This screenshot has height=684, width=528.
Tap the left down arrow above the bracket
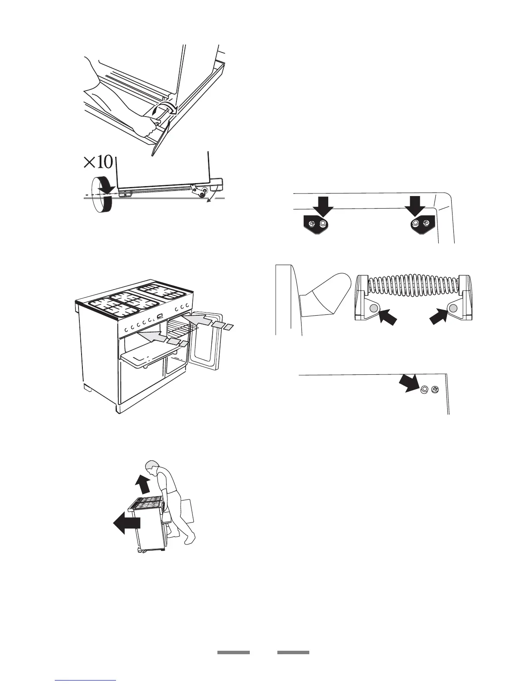pyautogui.click(x=323, y=206)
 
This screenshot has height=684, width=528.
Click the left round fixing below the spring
pyautogui.click(x=374, y=307)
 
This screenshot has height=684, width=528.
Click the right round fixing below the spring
pyautogui.click(x=453, y=307)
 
